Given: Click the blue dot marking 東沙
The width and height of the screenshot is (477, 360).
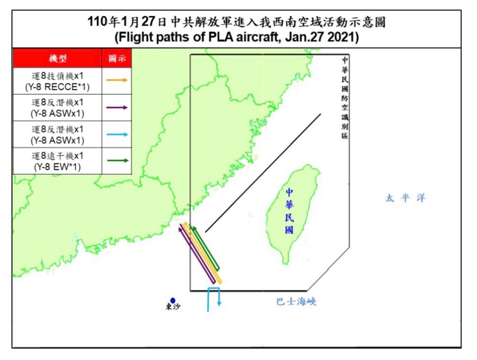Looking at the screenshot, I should (173, 300).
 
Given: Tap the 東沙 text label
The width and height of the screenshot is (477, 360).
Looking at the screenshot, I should (173, 308).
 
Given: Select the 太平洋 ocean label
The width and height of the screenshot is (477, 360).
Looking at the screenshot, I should (405, 199).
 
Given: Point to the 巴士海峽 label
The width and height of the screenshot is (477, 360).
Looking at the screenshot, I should (296, 302).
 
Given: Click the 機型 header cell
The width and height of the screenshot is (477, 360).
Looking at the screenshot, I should (57, 59).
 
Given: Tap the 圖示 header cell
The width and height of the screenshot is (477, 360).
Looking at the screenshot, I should (117, 59).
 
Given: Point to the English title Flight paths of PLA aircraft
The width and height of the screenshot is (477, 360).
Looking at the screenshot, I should (236, 38).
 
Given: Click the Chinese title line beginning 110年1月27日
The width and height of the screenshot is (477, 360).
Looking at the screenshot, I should (236, 22).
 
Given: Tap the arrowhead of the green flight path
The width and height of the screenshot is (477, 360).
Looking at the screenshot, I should (194, 228).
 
